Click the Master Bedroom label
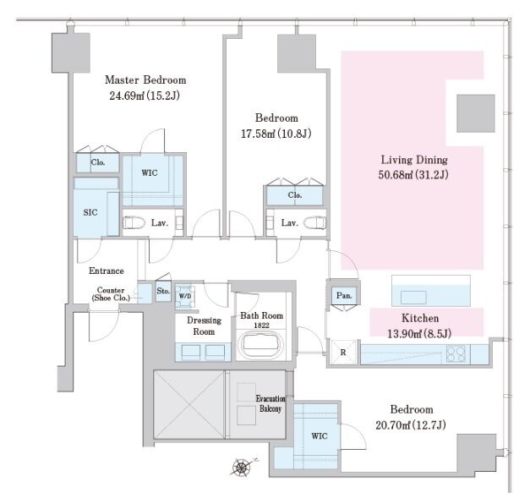[x=145, y=80]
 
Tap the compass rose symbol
[x=242, y=468]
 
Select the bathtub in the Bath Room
[x=260, y=345]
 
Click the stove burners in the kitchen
[x=456, y=354]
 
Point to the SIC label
[x=90, y=212]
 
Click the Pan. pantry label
[x=344, y=295]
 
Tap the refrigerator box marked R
[x=343, y=352]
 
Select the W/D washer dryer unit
[x=185, y=297]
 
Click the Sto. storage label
[x=163, y=290]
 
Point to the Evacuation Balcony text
[x=270, y=403]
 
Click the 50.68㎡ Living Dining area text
[x=413, y=175]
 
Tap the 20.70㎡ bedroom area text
[x=411, y=425]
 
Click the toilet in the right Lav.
[x=315, y=223]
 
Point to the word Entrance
[x=107, y=271]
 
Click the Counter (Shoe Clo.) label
[x=111, y=294]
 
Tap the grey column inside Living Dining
[x=476, y=113]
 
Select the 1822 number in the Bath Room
[x=262, y=326]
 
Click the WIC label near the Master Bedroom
[x=150, y=172]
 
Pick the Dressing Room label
[x=205, y=326]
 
